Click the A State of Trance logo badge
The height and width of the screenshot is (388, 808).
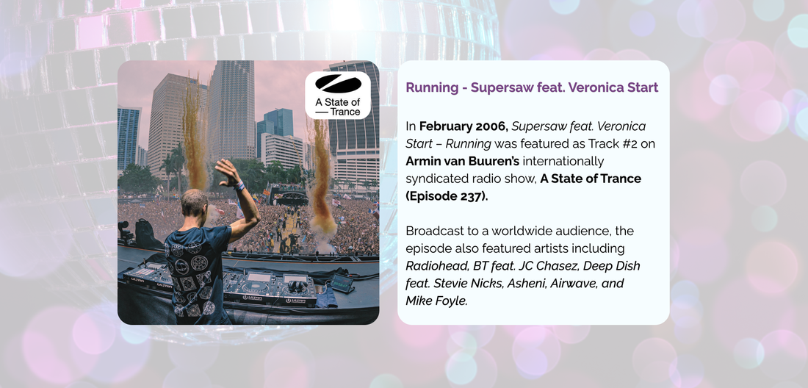pyautogui.click(x=338, y=96)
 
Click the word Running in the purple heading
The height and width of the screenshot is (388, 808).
pyautogui.click(x=430, y=88)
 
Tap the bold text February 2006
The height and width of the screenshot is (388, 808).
pyautogui.click(x=463, y=126)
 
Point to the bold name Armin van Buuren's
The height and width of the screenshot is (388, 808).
pyautogui.click(x=462, y=161)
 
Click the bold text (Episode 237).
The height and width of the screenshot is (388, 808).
pyautogui.click(x=447, y=196)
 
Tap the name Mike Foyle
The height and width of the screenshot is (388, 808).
pyautogui.click(x=436, y=301)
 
